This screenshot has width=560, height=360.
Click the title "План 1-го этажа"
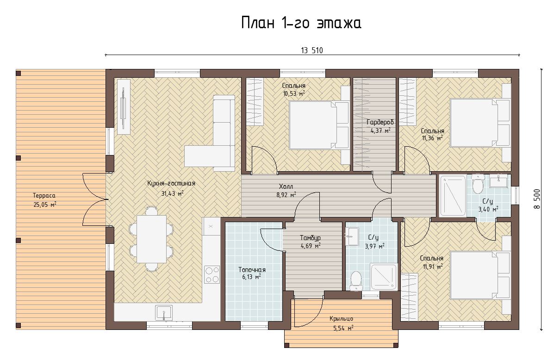301,23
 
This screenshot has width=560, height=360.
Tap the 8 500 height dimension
537,199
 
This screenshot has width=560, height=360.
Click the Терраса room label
44,195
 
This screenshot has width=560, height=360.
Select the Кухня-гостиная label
171,183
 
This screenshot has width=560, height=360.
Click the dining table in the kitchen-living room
151,239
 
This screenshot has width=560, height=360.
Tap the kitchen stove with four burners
212,274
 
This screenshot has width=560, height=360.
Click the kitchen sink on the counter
164,312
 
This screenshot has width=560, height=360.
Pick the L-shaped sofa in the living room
210,133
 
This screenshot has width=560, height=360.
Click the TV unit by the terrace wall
124,107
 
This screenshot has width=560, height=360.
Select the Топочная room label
252,270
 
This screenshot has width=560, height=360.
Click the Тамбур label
310,238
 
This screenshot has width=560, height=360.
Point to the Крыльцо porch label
341,319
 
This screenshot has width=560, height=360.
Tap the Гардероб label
380,122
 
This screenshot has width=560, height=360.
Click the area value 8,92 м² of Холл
286,195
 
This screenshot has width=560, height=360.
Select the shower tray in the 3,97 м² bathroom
384,277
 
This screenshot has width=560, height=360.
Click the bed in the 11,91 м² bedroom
480,275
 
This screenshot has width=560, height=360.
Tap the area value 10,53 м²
294,94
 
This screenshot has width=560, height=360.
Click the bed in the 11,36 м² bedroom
480,123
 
